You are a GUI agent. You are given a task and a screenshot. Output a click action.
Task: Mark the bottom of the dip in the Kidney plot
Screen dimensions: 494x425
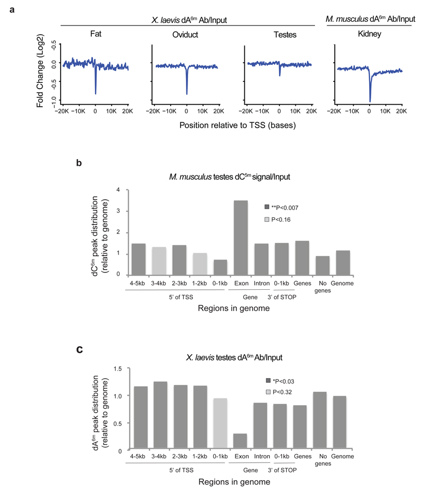[370, 101]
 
